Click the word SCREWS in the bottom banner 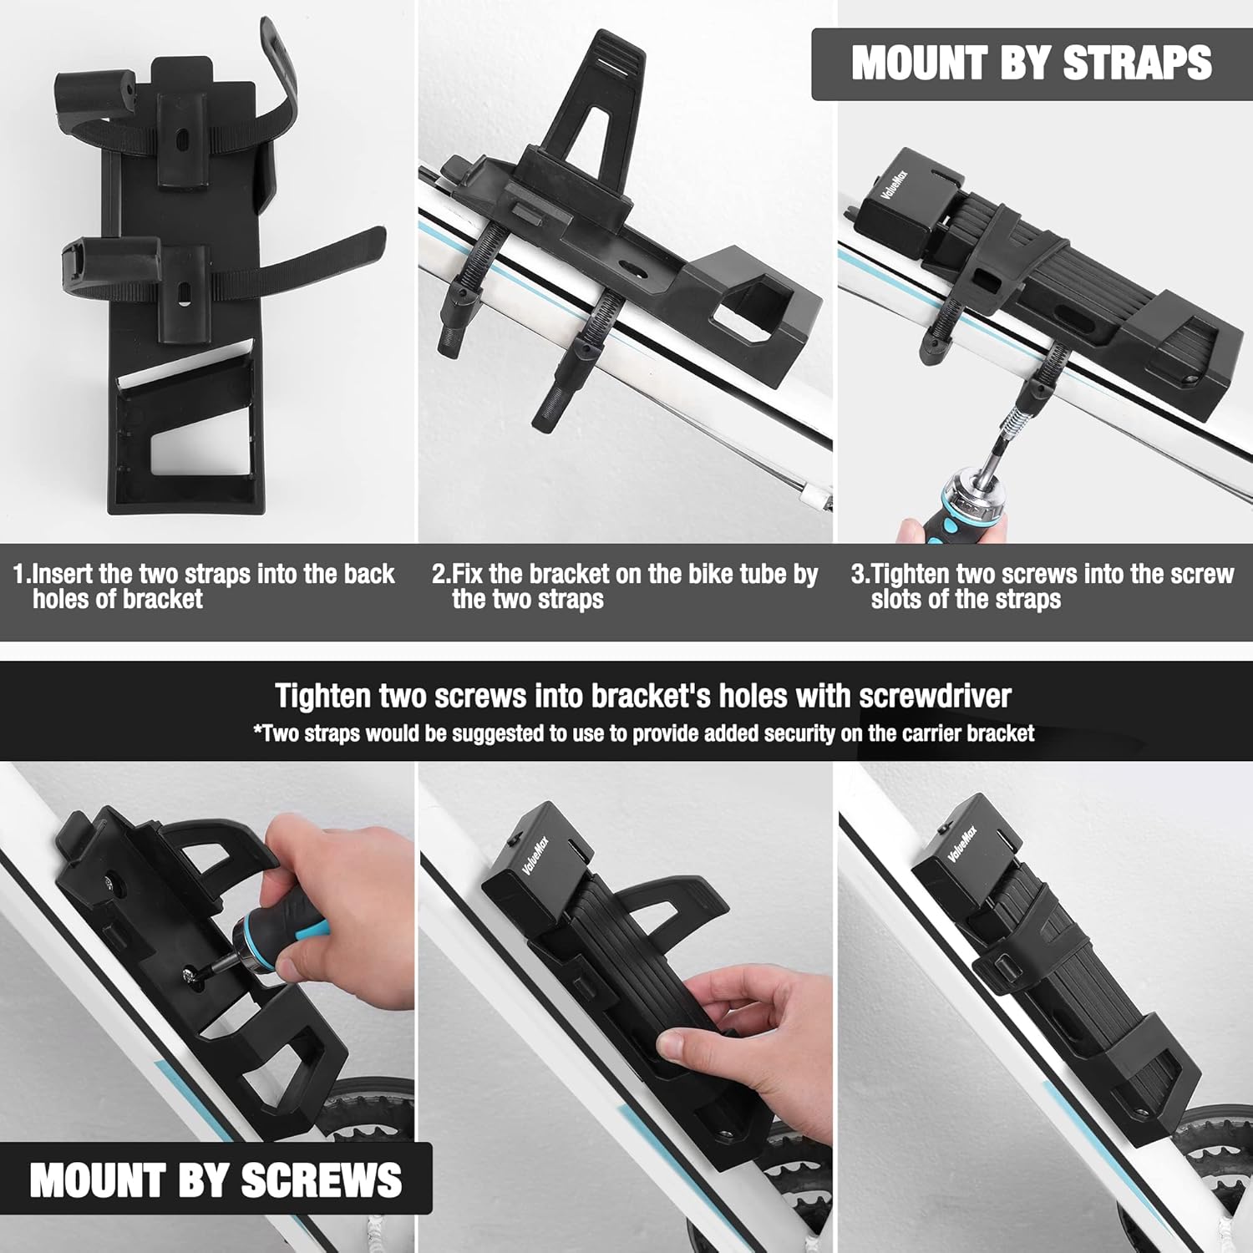pyautogui.click(x=322, y=1179)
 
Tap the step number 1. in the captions pyautogui.click(x=22, y=574)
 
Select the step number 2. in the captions pyautogui.click(x=441, y=574)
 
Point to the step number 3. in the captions pyautogui.click(x=860, y=574)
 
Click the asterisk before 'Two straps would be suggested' pyautogui.click(x=258, y=730)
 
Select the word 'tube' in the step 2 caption pyautogui.click(x=743, y=574)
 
